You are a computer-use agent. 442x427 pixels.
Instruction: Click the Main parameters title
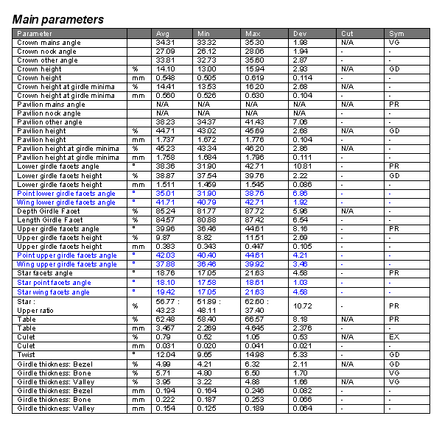tap(58, 19)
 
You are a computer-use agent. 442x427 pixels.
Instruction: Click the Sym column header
tap(396, 34)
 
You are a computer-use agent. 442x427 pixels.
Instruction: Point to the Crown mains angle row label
tap(49, 43)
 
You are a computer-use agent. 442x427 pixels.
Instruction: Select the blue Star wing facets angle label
tap(53, 292)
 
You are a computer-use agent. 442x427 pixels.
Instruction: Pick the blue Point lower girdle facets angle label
tap(66, 193)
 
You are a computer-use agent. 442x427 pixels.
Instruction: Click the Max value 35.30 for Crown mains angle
tap(254, 43)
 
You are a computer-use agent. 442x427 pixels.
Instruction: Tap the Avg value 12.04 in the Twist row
tap(165, 355)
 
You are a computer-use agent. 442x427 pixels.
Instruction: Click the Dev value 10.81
tap(301, 166)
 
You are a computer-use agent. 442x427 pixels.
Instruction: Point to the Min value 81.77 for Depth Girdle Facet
tap(206, 211)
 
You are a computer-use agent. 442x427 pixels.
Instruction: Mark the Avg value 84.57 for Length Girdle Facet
tap(165, 219)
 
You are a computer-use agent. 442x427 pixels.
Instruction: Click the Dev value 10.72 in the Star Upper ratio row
tap(301, 306)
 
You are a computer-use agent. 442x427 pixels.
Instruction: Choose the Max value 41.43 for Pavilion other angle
tap(254, 122)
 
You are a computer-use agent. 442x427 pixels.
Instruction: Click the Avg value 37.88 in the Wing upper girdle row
tap(165, 264)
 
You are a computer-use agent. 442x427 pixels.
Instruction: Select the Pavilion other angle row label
tap(49, 122)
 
